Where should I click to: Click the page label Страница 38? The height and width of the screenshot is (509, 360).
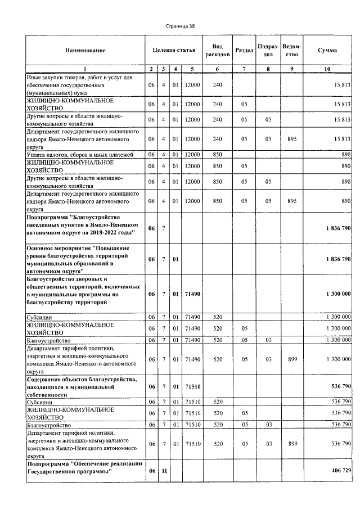pos(180,26)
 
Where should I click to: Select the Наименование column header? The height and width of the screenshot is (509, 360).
pos(85,51)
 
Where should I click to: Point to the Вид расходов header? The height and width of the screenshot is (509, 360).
pos(217,51)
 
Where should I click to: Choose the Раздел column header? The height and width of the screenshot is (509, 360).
pos(244,51)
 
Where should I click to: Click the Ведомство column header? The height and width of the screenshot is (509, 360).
pos(291,51)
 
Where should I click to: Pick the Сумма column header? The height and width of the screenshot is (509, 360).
pos(327,51)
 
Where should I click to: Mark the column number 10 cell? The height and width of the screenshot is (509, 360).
pos(327,69)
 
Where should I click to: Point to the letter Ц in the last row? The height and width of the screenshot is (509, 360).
pos(163,471)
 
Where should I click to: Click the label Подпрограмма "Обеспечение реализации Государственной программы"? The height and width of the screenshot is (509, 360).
pos(79,467)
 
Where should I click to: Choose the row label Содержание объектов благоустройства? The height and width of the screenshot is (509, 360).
pos(78,386)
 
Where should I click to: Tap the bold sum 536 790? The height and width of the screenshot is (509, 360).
pos(339,386)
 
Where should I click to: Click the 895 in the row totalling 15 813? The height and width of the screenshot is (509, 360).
pos(291,138)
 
